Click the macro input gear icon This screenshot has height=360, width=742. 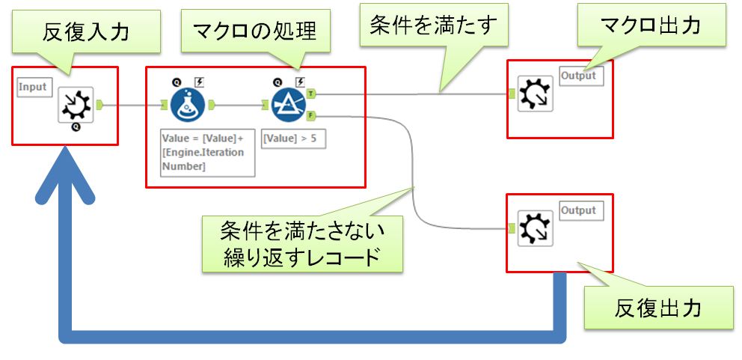(x=76, y=106)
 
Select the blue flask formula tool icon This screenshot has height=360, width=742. (x=187, y=106)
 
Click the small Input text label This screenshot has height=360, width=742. (x=32, y=88)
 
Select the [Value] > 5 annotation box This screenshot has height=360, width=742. (x=293, y=138)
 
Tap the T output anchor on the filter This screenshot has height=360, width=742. (x=311, y=94)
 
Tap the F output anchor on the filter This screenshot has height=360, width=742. (x=311, y=115)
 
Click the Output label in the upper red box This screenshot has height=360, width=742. (x=579, y=76)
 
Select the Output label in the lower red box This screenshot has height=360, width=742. (x=579, y=210)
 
